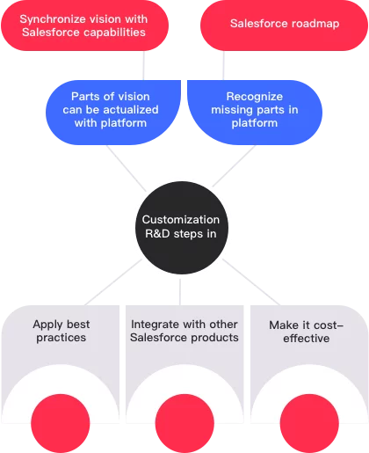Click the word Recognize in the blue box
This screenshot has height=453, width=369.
point(255,97)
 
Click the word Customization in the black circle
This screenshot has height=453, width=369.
point(181,220)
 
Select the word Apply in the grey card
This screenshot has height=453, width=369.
point(47,325)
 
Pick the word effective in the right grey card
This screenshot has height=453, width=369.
point(307,339)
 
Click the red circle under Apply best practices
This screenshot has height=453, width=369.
point(61,423)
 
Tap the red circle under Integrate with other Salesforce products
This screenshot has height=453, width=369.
point(184,423)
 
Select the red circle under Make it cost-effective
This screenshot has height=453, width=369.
point(309,423)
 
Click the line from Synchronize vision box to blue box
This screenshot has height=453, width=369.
point(143,65)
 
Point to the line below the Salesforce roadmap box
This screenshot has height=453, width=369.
point(223,65)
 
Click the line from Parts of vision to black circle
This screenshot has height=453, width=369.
point(126,168)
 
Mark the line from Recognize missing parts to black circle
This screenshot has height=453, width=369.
point(234,165)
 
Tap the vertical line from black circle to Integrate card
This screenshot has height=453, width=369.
point(180,292)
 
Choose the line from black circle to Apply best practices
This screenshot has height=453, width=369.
point(113,282)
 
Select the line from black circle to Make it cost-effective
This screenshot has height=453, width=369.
point(251,282)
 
